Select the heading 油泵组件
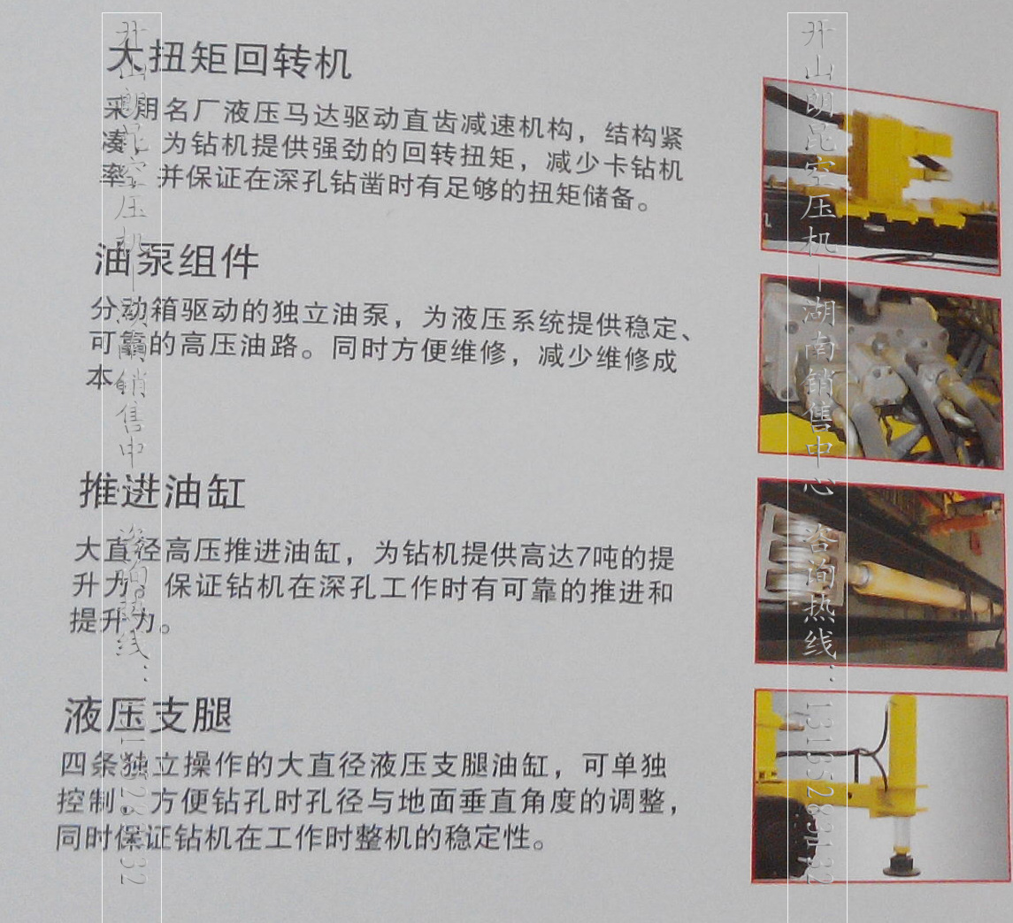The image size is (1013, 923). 176,262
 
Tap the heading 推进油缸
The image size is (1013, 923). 162,492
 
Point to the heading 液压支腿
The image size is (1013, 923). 148,715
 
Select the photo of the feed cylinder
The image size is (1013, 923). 880,573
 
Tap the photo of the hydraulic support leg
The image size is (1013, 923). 880,787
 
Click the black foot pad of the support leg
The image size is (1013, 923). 902,862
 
